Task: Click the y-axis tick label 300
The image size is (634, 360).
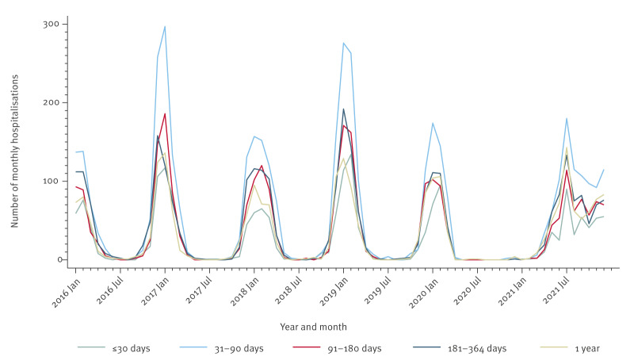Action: pyautogui.click(x=51, y=24)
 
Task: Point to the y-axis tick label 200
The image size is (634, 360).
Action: pyautogui.click(x=51, y=102)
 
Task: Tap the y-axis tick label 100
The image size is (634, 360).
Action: pyautogui.click(x=51, y=181)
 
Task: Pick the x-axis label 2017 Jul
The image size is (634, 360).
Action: pyautogui.click(x=200, y=290)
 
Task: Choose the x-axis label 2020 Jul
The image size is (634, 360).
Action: pyautogui.click(x=467, y=290)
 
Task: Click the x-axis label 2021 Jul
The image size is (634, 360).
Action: pyautogui.click(x=556, y=290)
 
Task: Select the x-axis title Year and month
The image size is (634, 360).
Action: pyautogui.click(x=313, y=327)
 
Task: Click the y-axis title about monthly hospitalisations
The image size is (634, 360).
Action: pyautogui.click(x=15, y=151)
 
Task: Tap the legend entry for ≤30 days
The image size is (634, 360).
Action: pyautogui.click(x=113, y=348)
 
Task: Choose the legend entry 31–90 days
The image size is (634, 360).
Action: pyautogui.click(x=221, y=348)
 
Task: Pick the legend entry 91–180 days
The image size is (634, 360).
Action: pyautogui.click(x=337, y=348)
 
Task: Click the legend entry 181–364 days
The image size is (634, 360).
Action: pyautogui.click(x=460, y=348)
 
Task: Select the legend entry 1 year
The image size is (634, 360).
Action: pyautogui.click(x=570, y=348)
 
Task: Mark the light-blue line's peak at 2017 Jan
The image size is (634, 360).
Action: pyautogui.click(x=165, y=27)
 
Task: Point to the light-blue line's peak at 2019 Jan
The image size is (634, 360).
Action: pyautogui.click(x=343, y=43)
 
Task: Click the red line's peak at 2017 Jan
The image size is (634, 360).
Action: pyautogui.click(x=165, y=113)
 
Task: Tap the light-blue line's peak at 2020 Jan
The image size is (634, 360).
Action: pyautogui.click(x=433, y=123)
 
